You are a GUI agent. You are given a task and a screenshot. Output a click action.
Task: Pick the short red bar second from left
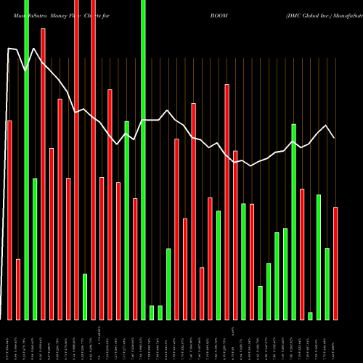coord(18,289)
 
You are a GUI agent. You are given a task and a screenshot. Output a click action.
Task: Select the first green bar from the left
coord(26,160)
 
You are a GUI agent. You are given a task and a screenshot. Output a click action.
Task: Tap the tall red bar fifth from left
coord(43,174)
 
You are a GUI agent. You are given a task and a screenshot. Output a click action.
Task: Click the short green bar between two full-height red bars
coord(85,296)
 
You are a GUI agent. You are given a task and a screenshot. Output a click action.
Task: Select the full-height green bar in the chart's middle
coord(143,160)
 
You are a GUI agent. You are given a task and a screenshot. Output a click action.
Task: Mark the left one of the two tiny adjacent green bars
coord(152,312)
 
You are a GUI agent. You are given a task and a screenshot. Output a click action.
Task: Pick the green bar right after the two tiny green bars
coord(168,284)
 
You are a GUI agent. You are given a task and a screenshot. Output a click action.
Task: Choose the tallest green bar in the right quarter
coord(293,221)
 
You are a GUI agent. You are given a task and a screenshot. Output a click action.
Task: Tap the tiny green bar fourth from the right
coord(310,316)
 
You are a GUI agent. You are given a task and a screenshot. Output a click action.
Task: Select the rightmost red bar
coord(335,263)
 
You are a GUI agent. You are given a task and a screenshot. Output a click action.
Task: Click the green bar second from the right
coord(327,284)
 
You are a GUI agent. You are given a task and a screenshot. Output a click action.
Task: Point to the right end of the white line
coord(334,137)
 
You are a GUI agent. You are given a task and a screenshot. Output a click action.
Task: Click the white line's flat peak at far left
coord(12,49)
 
